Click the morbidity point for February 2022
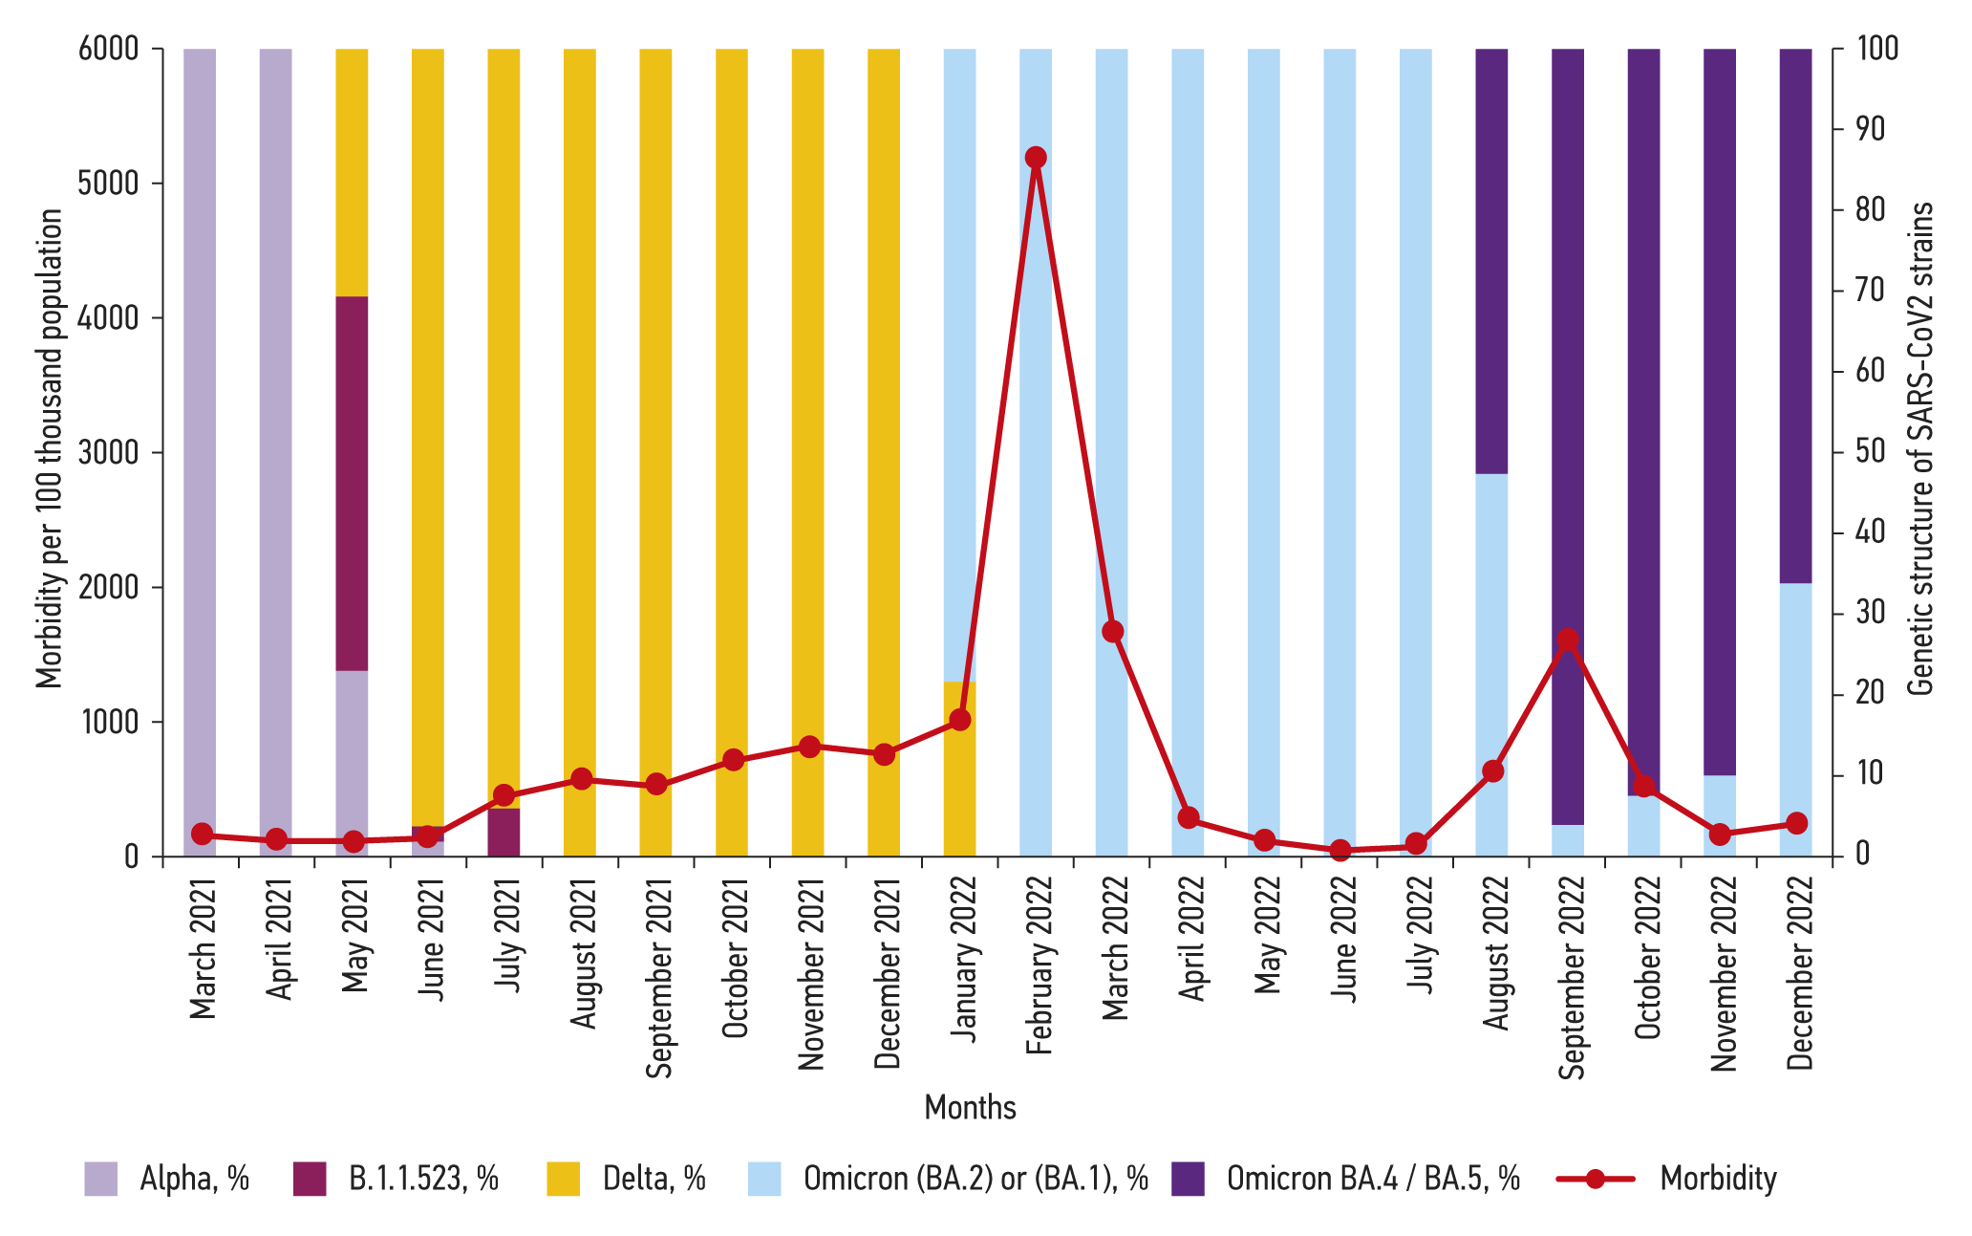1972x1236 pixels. [1036, 158]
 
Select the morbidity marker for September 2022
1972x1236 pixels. [1567, 640]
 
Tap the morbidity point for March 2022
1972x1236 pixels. [1112, 632]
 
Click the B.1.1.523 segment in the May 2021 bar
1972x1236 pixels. [352, 483]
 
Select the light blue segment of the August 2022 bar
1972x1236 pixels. [1491, 621]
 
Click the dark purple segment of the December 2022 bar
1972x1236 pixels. [1795, 315]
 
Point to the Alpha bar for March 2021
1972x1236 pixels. [200, 430]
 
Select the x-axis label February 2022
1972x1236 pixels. [1039, 965]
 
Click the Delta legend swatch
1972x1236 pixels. [564, 1179]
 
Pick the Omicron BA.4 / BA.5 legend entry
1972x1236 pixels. [1372, 1179]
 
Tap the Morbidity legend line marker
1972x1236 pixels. [1596, 1179]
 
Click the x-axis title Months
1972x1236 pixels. [970, 1107]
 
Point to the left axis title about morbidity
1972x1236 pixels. [49, 449]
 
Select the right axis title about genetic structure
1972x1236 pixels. [1919, 449]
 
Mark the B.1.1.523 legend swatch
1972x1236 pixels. [310, 1179]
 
